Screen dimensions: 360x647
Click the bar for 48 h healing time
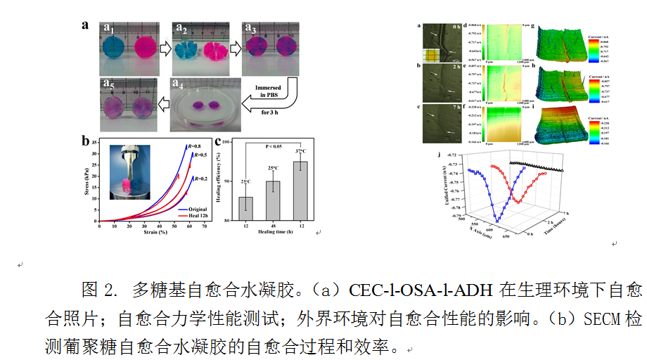pyautogui.click(x=273, y=200)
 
